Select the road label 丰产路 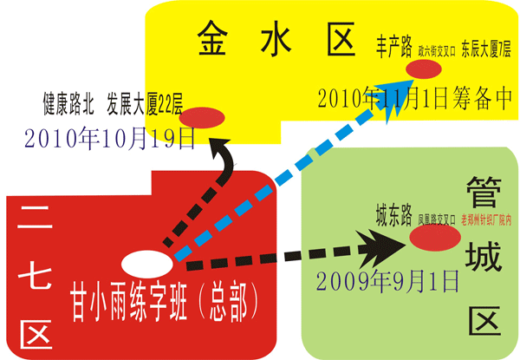pos(393,44)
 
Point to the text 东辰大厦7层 pos(486,47)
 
